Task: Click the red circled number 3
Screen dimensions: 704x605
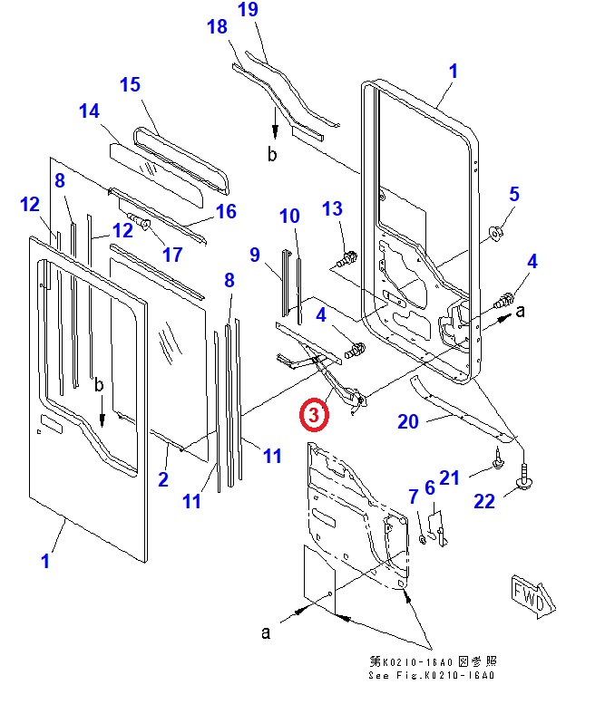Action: (311, 415)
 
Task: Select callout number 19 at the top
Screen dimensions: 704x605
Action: (249, 11)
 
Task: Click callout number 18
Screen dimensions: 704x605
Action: (218, 27)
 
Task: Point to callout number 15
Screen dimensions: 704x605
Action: (131, 84)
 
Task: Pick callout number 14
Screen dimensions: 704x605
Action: (89, 111)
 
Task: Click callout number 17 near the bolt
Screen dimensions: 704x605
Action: (172, 254)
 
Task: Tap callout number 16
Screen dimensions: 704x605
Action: (226, 211)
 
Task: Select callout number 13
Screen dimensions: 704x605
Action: (333, 209)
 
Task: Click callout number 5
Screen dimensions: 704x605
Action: (514, 193)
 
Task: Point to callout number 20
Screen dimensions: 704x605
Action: (408, 420)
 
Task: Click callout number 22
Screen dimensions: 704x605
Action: (485, 501)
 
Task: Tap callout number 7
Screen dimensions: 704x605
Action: (413, 496)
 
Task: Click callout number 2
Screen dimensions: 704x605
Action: (163, 479)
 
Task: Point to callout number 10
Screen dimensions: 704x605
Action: (289, 216)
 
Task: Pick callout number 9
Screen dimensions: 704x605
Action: (255, 255)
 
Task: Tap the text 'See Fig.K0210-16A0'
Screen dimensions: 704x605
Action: (433, 676)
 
